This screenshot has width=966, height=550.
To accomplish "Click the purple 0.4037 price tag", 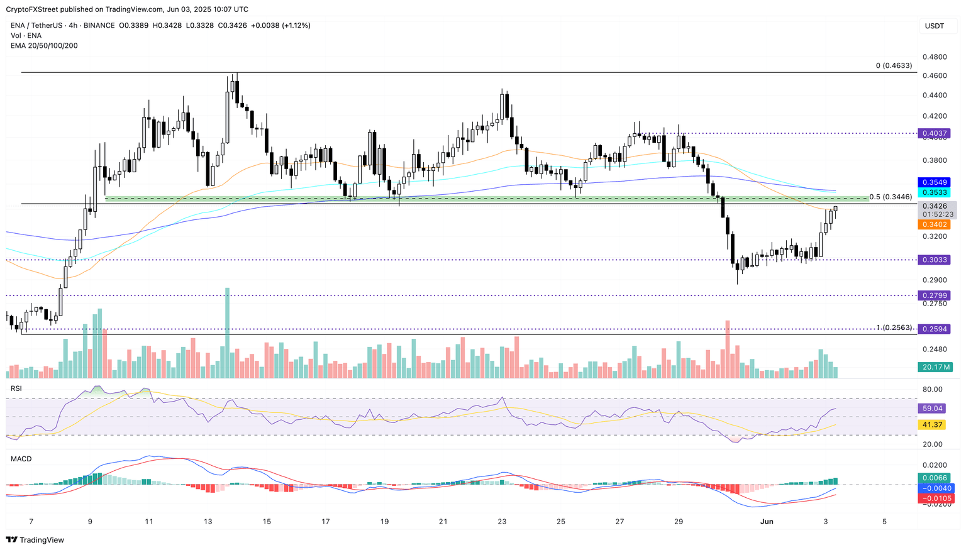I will click(934, 133).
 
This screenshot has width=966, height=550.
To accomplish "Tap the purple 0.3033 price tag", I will click(934, 260).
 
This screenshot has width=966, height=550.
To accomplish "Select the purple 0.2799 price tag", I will click(934, 295).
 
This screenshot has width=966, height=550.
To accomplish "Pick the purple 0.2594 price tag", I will click(934, 329).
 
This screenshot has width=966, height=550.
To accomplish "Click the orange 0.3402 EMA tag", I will click(934, 224).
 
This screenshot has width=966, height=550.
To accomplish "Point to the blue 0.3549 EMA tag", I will click(934, 182).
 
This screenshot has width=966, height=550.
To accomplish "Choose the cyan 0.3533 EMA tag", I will click(934, 192).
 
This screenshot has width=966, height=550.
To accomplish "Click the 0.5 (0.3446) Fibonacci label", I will click(891, 197).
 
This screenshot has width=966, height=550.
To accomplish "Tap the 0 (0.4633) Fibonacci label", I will click(894, 65).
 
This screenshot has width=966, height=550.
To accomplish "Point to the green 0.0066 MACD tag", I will click(934, 478).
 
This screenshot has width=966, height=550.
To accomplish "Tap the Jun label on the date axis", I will click(766, 522).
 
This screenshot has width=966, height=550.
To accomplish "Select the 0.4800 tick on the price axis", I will click(934, 57).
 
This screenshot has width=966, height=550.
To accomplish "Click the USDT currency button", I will click(934, 26).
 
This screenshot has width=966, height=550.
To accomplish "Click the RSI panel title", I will click(16, 388).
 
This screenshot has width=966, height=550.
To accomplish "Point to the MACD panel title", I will click(21, 459).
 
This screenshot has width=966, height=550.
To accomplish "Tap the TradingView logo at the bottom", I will click(35, 540).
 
